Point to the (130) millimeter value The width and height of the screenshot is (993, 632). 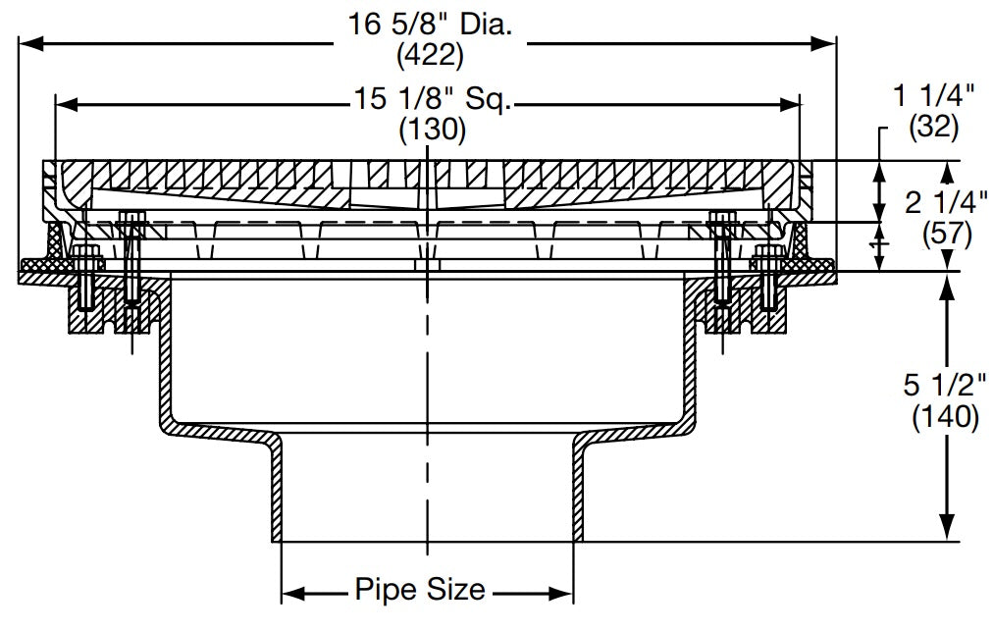click(431, 129)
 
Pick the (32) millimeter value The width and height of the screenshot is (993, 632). click(934, 125)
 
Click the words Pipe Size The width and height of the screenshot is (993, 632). click(419, 590)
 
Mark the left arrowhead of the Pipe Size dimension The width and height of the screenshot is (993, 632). click(291, 593)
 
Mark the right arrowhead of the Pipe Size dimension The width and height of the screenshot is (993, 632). click(563, 593)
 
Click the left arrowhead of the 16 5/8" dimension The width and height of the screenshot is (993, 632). click(30, 42)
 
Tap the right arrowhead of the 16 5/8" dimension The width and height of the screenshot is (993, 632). click(826, 42)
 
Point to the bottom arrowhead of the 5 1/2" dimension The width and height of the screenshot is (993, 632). click(948, 531)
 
